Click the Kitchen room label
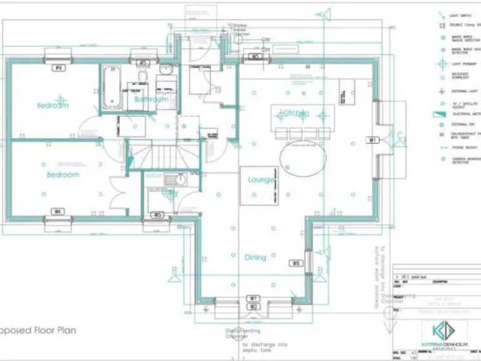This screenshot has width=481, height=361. (x=295, y=113)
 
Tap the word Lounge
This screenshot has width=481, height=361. (x=261, y=180)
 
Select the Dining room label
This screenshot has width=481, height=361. (x=255, y=257)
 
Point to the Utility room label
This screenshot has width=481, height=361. (x=169, y=195)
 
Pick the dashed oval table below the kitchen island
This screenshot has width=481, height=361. (x=303, y=157)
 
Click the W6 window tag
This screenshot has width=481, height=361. (x=296, y=263)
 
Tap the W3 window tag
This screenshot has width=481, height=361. (x=253, y=306)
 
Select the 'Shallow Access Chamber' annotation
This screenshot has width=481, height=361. (x=241, y=30)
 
